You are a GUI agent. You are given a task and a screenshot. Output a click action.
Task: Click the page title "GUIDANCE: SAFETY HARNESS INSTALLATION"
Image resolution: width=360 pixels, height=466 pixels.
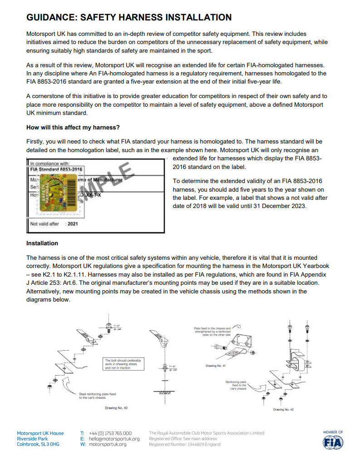pyautogui.click(x=129, y=18)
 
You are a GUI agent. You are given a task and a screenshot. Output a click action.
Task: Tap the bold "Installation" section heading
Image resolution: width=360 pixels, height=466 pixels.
pyautogui.click(x=42, y=243)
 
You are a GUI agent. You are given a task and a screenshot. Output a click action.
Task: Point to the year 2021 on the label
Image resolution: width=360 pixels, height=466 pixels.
pyautogui.click(x=73, y=224)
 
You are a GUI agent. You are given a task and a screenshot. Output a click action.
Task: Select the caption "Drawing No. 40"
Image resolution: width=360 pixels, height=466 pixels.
pyautogui.click(x=116, y=408)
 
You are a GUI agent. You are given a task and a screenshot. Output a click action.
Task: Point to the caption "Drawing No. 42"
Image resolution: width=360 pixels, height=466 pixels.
pyautogui.click(x=283, y=409)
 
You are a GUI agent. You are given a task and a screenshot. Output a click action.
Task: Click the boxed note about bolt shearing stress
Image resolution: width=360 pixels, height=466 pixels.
pyautogui.click(x=123, y=364)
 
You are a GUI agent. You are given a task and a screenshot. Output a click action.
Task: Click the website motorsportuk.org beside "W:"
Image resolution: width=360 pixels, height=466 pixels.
pyautogui.click(x=108, y=444)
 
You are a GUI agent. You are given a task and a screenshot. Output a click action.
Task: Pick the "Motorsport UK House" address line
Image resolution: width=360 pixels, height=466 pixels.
pyautogui.click(x=40, y=433)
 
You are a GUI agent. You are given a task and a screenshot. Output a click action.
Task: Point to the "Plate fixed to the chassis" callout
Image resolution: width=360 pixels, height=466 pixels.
pyautogui.click(x=212, y=328)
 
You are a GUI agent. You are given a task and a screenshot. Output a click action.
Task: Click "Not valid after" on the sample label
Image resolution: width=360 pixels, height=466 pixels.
pyautogui.click(x=44, y=224)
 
